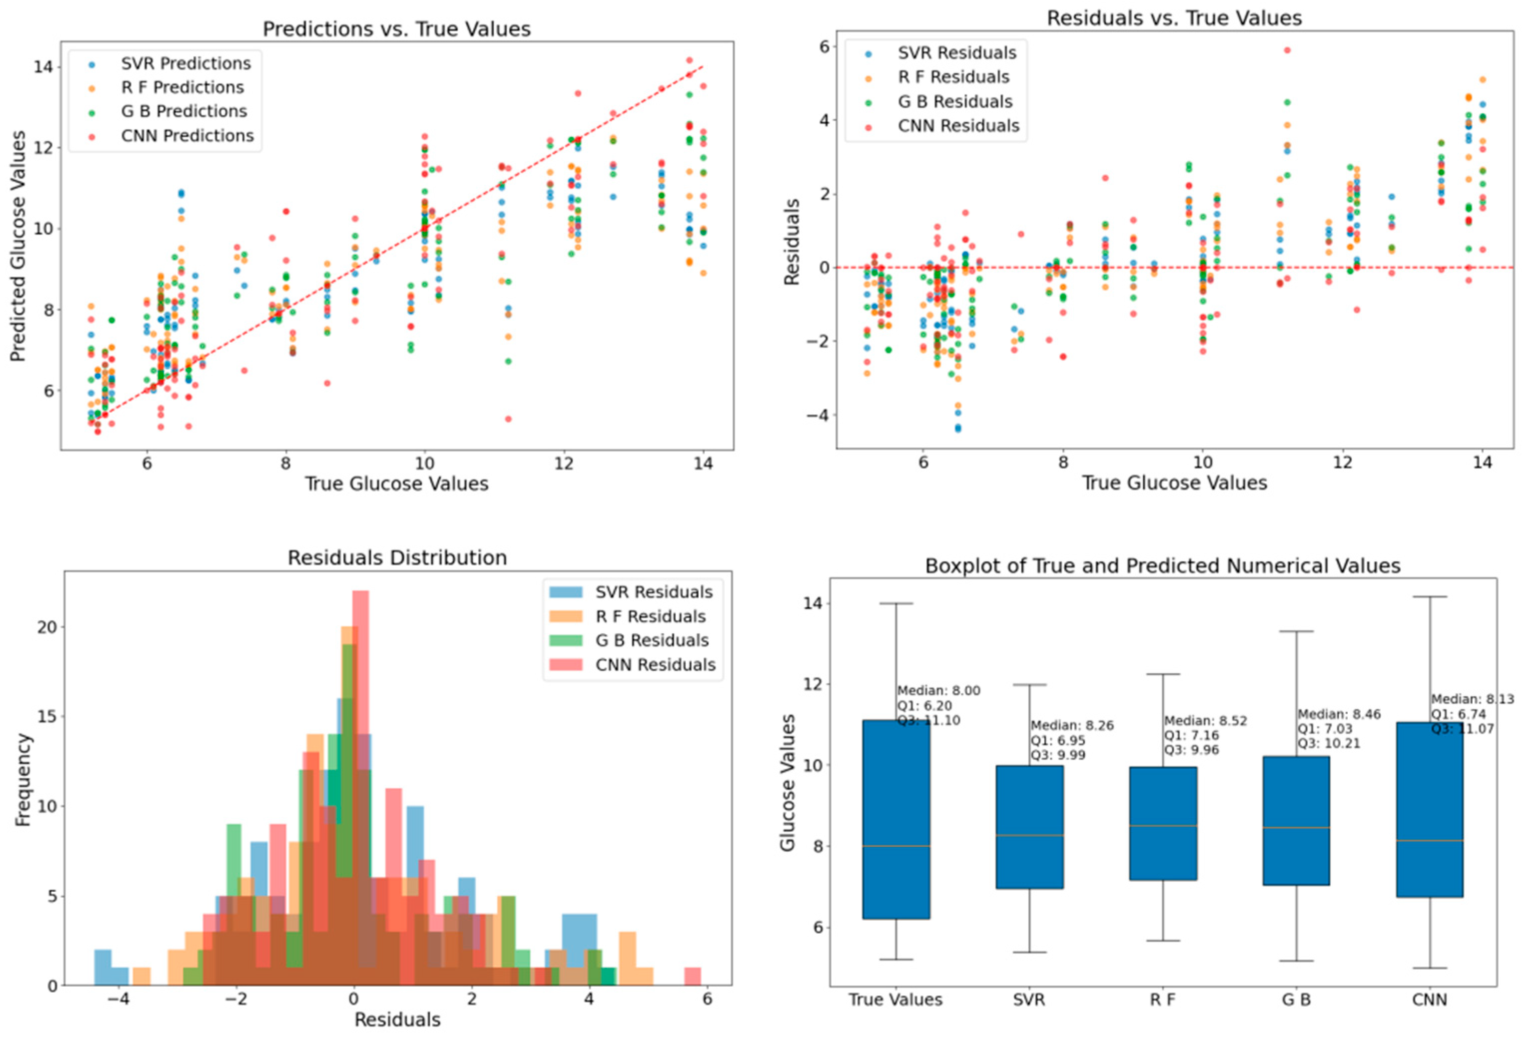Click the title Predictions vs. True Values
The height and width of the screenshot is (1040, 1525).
[x=396, y=29]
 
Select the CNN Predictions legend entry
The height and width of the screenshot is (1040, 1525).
[x=187, y=136]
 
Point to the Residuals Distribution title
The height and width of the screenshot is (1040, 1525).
[x=397, y=558]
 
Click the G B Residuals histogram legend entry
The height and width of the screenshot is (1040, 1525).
[x=651, y=640]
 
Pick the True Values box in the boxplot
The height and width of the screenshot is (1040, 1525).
[x=896, y=819]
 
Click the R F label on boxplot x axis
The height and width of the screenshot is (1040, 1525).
[x=1163, y=1000]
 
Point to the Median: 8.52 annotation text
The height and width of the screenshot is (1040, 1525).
[x=1206, y=721]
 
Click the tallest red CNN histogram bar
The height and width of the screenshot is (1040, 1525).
[x=361, y=787]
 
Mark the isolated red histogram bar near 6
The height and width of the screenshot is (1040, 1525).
[x=692, y=976]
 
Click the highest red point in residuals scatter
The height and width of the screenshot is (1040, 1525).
[x=1287, y=50]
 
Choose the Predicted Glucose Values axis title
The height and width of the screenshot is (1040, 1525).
[x=18, y=246]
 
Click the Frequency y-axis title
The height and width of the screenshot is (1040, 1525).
[x=23, y=780]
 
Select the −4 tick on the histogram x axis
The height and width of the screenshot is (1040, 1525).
[x=118, y=1000]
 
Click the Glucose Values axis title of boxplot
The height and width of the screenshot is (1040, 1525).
[x=787, y=782]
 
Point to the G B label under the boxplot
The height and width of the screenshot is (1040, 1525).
[x=1296, y=1000]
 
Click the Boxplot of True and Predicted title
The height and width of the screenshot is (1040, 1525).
[x=1163, y=565]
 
